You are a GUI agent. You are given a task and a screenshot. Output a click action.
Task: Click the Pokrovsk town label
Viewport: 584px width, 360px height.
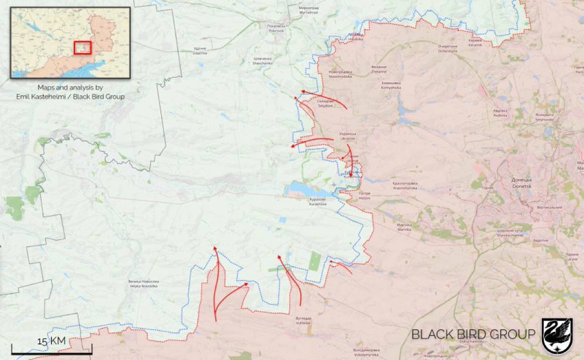pos(275,28)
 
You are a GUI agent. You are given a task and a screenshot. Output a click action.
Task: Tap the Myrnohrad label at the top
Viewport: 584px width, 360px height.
pos(309,10)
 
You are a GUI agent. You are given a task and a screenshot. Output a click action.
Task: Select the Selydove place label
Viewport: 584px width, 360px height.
pos(325,103)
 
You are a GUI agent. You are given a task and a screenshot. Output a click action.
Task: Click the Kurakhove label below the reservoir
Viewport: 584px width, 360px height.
pos(318,202)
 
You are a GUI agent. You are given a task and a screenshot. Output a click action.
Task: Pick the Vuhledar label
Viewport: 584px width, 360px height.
pos(304,320)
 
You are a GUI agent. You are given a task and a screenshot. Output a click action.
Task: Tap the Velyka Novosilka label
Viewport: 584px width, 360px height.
pos(144,283)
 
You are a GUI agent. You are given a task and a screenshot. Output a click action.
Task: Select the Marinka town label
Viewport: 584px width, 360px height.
pos(404,226)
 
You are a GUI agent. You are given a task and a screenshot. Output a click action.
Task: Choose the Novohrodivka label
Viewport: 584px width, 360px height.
pos(341,74)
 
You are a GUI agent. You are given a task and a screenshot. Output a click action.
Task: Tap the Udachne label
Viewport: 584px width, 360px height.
pos(200,51)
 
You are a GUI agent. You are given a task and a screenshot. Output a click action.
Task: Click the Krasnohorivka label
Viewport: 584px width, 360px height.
pos(405,186)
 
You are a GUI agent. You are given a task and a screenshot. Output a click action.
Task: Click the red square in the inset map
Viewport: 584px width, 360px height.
pos(83,47)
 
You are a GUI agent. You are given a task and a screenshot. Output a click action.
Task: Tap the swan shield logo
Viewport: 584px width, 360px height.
pos(557,335)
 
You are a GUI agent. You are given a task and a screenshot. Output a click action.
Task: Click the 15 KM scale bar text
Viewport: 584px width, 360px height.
pos(51,341)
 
